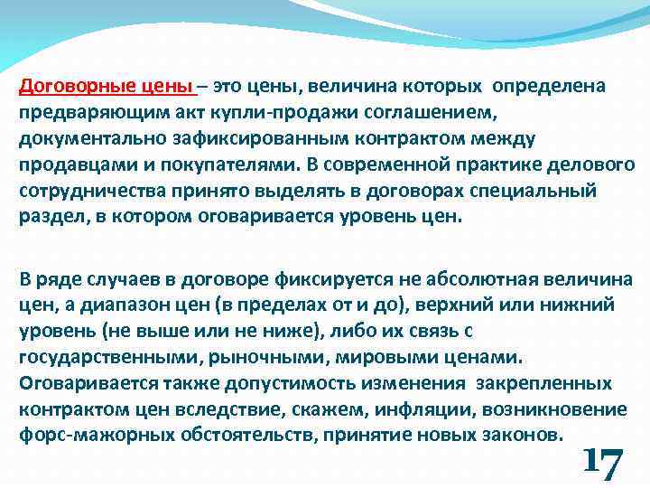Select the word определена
(x=554, y=86)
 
